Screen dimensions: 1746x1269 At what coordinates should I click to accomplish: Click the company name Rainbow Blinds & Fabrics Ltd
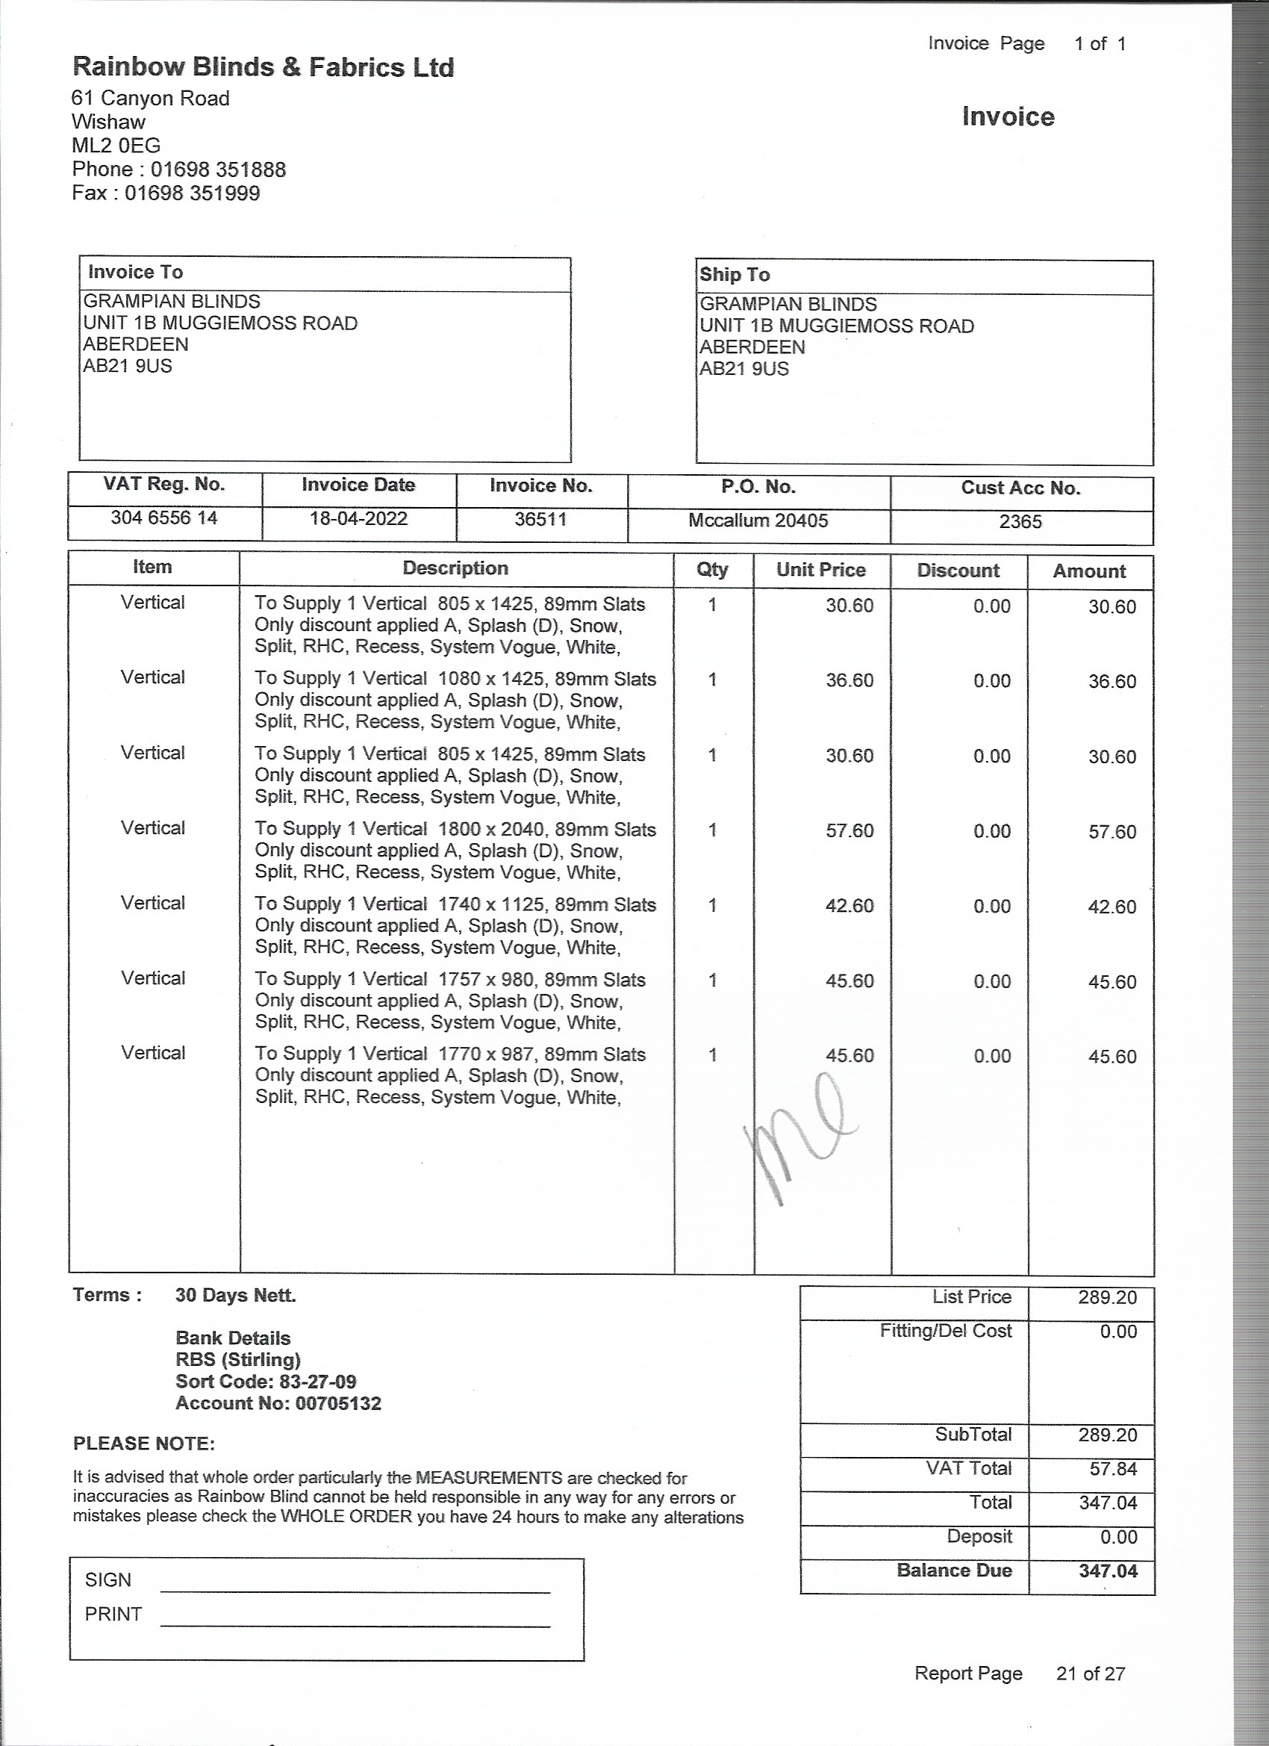click(x=263, y=68)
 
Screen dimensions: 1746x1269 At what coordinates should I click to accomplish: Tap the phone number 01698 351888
click(x=218, y=170)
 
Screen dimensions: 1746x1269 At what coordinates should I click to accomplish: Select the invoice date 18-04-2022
click(x=358, y=518)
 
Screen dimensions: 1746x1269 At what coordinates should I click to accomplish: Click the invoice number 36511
click(x=540, y=519)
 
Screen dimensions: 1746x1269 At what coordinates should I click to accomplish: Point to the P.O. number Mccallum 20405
click(x=758, y=521)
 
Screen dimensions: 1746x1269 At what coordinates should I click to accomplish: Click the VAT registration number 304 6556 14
click(x=164, y=518)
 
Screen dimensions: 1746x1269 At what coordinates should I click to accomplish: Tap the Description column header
click(x=455, y=568)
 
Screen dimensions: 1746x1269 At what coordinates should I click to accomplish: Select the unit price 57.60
click(x=849, y=830)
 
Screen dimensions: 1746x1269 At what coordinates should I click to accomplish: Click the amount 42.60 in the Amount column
click(x=1111, y=906)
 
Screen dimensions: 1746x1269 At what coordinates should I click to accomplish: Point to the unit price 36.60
click(x=849, y=680)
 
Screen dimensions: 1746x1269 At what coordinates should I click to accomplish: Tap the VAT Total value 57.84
click(x=1113, y=1468)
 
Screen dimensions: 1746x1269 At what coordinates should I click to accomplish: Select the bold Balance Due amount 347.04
click(x=1108, y=1571)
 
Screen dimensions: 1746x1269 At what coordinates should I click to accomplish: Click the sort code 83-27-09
click(x=318, y=1381)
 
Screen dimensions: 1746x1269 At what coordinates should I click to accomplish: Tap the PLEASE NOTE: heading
click(x=144, y=1444)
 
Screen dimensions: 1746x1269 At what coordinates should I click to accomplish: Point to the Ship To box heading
click(x=735, y=275)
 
